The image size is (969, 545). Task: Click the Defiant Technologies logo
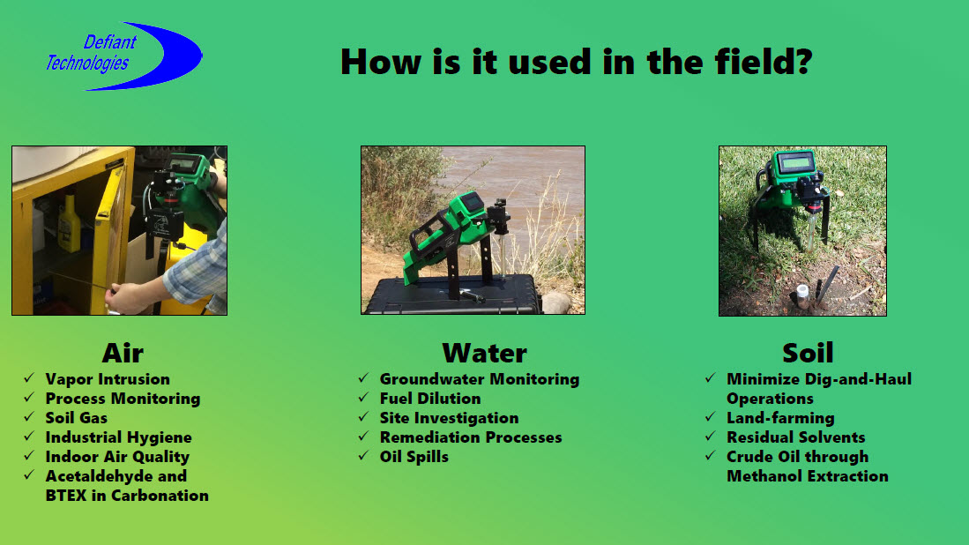123,56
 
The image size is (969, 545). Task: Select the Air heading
123,353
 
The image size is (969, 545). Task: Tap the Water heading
485,353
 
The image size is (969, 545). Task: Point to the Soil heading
808,353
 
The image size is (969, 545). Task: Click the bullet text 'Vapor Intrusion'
108,379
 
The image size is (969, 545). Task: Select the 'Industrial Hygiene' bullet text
119,437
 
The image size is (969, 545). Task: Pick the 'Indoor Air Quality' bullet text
117,457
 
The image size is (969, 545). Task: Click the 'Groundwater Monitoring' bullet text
480,379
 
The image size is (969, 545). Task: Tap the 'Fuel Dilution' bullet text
430,399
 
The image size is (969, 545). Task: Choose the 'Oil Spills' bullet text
414,457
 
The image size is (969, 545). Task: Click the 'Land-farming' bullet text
780,418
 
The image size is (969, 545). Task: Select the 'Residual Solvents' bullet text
796,437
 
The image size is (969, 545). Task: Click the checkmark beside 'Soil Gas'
29,416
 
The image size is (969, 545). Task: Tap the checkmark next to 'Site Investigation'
363,416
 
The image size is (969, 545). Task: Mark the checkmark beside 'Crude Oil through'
710,455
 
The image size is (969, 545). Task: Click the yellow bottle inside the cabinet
69,224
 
